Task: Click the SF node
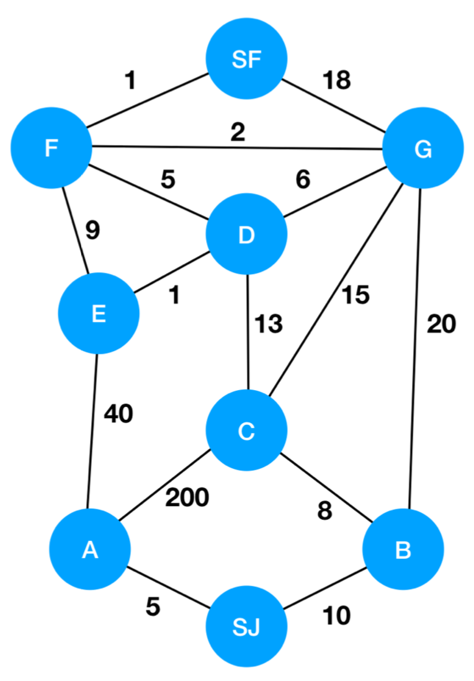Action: pyautogui.click(x=247, y=60)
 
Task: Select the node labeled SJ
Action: pyautogui.click(x=247, y=627)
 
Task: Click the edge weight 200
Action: pyautogui.click(x=187, y=497)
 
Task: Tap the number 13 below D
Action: pyautogui.click(x=268, y=324)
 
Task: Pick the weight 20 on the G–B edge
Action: pyautogui.click(x=440, y=324)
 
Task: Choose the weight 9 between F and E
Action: pyautogui.click(x=92, y=231)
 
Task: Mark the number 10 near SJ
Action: pyautogui.click(x=336, y=616)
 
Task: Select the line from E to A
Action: pyautogui.click(x=93, y=428)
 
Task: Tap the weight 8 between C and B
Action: pyautogui.click(x=324, y=511)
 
